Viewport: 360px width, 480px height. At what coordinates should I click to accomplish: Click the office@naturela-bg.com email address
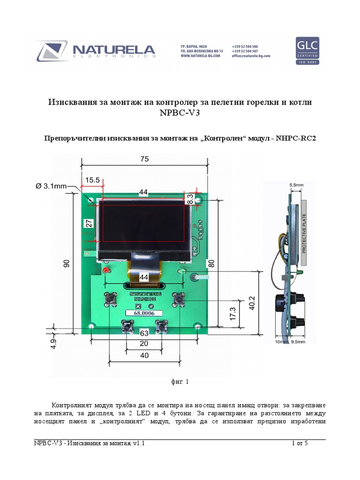[251, 56]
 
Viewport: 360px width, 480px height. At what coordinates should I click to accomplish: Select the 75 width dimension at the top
[144, 159]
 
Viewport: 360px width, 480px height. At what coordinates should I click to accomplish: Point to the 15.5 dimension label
[92, 180]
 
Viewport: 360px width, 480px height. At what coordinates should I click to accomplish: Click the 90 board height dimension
[67, 264]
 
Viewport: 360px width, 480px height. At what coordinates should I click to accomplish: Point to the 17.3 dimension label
[231, 315]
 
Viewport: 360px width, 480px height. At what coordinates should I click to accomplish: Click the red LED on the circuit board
[105, 271]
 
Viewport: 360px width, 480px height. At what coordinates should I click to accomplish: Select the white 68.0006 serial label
[144, 313]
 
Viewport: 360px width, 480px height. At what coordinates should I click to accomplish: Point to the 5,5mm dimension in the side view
[296, 185]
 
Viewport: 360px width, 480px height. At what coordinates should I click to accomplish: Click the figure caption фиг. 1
[180, 382]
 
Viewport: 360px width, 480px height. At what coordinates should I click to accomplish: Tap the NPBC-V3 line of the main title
[180, 113]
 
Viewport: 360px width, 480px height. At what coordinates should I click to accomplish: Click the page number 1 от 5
[300, 443]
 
